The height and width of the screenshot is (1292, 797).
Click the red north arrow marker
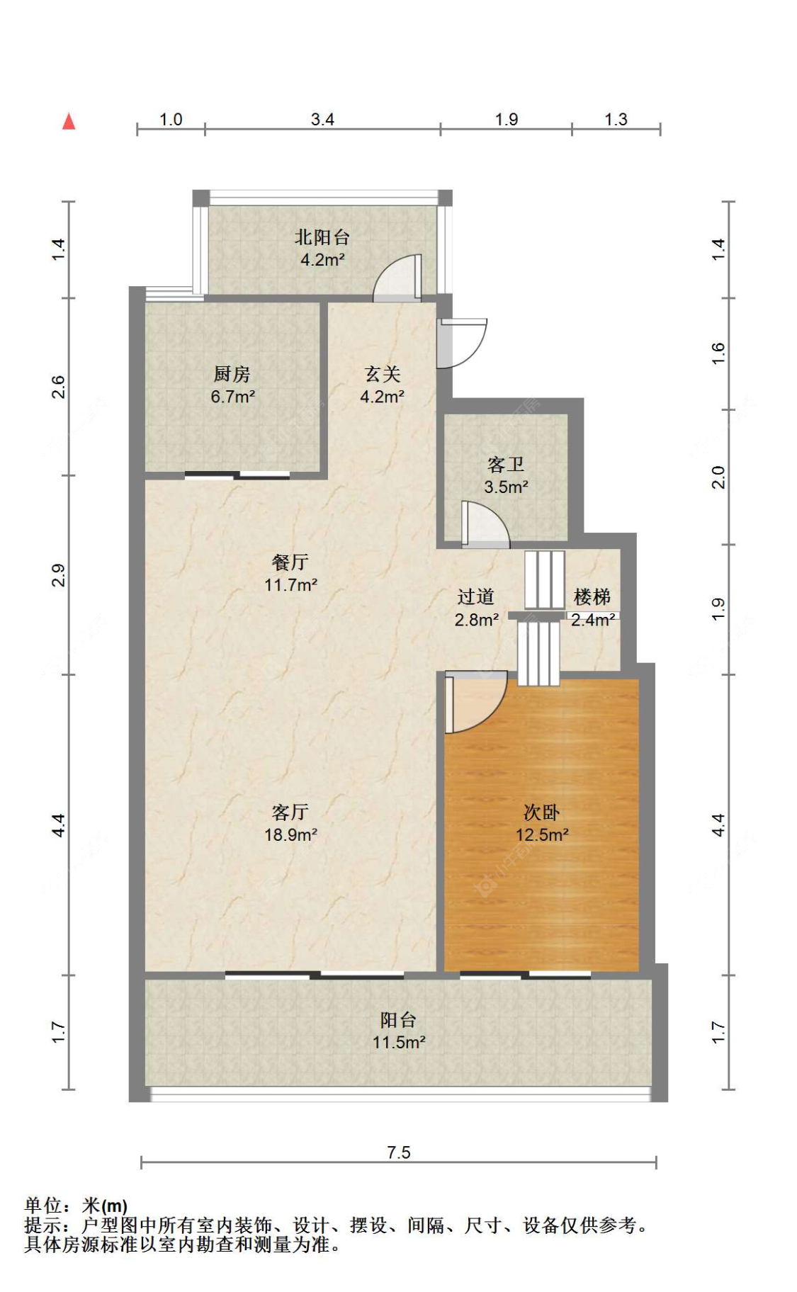click(69, 121)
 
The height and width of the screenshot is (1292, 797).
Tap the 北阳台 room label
click(322, 247)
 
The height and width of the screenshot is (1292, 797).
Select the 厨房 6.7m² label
click(232, 385)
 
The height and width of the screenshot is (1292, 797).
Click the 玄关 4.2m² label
click(382, 385)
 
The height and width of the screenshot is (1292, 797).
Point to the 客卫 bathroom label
click(506, 475)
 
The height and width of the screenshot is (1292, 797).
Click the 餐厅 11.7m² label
click(290, 573)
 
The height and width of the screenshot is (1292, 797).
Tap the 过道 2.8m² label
click(476, 608)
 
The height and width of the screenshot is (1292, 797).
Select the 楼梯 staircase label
click(592, 608)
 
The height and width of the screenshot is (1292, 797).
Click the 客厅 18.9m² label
click(290, 822)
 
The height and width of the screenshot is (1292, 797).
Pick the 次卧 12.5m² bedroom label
click(542, 822)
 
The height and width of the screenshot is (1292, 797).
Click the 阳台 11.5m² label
click(398, 1030)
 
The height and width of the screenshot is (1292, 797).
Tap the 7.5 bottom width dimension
click(398, 1152)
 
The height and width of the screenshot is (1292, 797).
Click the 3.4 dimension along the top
click(322, 119)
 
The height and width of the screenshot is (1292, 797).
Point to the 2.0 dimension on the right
click(718, 477)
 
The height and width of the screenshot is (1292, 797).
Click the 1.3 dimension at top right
click(616, 119)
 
